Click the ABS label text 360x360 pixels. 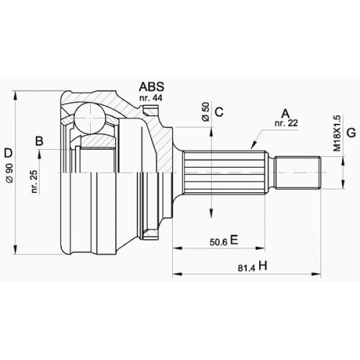tap(151, 86)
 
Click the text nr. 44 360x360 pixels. tap(150, 98)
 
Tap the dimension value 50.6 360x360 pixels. tap(218, 242)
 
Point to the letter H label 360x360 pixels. tap(263, 266)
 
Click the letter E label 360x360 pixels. tap(234, 240)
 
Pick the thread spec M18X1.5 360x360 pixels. tap(337, 133)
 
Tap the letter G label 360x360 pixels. tap(351, 132)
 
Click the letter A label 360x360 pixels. tap(286, 114)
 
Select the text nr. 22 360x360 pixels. tap(287, 123)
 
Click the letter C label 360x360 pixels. tap(219, 112)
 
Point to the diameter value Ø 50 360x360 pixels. tap(206, 112)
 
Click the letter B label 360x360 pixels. tap(40, 141)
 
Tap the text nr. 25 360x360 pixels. tap(35, 181)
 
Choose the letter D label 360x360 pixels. tap(8, 153)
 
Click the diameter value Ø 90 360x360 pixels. tap(10, 174)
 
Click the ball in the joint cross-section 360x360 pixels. tap(90, 118)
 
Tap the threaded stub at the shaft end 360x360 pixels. tap(298, 172)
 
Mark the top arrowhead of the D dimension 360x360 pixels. tap(16, 96)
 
